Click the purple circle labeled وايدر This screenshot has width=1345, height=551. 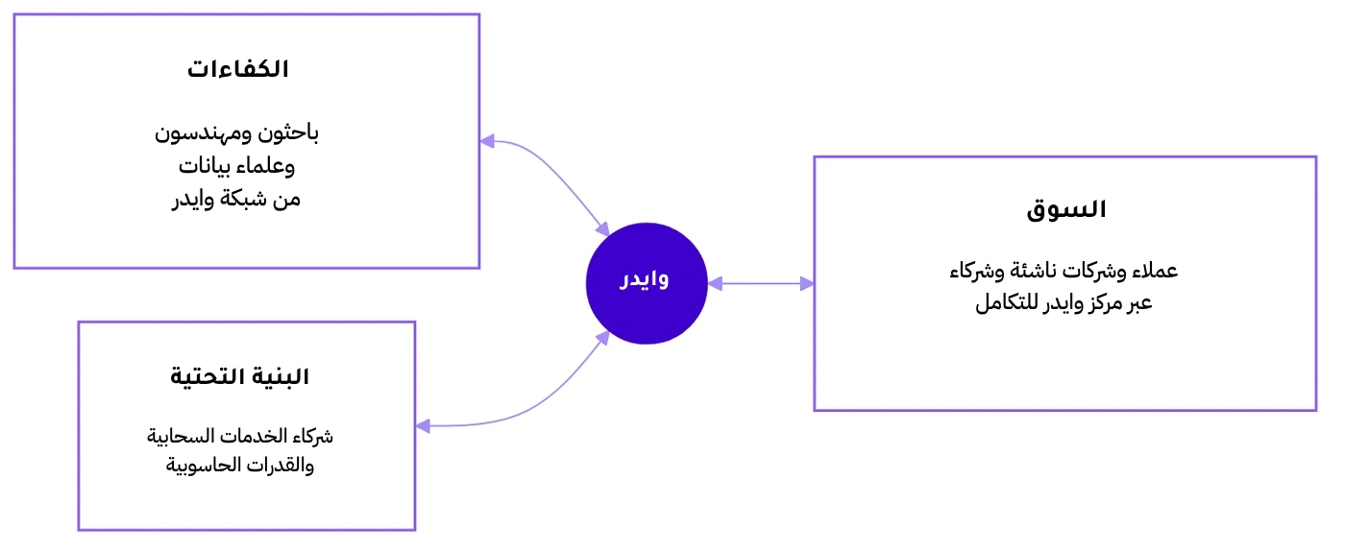647,283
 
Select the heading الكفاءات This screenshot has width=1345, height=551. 238,69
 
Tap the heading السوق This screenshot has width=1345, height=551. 1065,209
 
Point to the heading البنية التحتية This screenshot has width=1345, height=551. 239,377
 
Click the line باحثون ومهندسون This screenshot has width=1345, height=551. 236,132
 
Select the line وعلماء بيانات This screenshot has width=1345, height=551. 236,166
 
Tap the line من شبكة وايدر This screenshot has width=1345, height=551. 236,199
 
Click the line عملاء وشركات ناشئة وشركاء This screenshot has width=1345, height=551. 1064,272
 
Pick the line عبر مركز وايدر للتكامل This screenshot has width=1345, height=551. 1064,302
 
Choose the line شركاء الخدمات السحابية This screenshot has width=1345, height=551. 239,436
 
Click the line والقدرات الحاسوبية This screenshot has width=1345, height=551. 239,466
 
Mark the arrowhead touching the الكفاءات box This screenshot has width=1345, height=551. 487,141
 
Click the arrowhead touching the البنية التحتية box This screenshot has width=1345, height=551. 423,426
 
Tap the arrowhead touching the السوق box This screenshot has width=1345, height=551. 807,284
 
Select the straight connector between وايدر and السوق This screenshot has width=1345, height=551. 761,284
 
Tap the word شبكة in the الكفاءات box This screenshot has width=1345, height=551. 243,199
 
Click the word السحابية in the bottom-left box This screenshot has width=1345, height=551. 181,436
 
